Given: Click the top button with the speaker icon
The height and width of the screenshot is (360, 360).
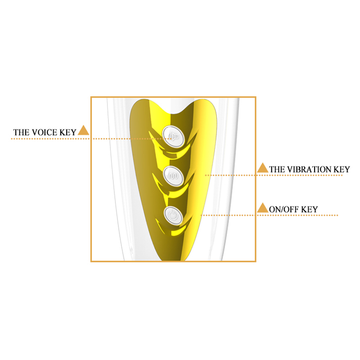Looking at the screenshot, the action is coord(173,137).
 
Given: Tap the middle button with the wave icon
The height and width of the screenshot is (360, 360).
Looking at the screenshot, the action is coord(173,176).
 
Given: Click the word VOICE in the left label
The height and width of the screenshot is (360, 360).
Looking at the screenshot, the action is coord(45,132).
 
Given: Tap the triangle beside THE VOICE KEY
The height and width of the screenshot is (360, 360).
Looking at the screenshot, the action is coord(83,130).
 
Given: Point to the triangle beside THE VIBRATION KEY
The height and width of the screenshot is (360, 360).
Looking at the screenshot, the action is coord(263,168).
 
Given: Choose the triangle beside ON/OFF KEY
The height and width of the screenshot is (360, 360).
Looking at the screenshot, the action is coord(263,208).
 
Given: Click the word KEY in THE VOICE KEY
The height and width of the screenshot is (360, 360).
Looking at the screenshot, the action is coord(68,132).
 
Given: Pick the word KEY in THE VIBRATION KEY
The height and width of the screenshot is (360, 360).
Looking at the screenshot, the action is coord(342,170).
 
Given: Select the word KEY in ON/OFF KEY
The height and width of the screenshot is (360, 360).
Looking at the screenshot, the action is coord(309,209).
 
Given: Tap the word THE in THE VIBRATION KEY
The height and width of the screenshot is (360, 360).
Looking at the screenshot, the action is coord(278,170).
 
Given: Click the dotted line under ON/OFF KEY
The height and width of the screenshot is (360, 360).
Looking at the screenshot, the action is coord(269,216).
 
